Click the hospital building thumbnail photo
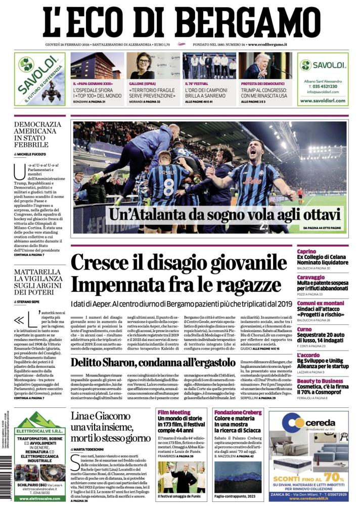coord(96,66)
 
